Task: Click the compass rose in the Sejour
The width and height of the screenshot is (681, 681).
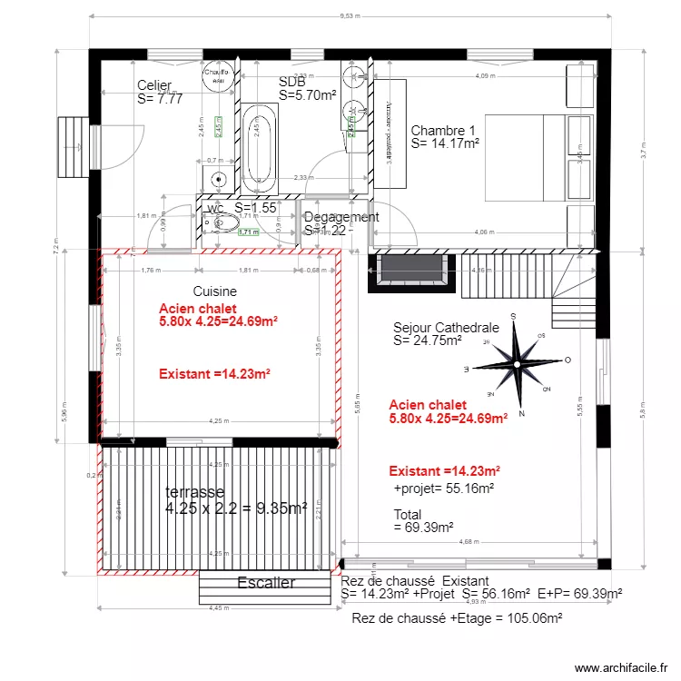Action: coord(516,364)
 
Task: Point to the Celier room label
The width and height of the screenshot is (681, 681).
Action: coord(154,86)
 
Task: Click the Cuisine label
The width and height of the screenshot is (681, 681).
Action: coord(215,291)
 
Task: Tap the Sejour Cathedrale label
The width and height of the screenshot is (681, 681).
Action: coord(446,328)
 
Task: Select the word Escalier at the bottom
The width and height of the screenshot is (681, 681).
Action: coord(265,583)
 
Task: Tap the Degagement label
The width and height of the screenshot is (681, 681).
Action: coord(341,217)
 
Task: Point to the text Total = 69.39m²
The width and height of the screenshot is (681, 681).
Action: coord(423,520)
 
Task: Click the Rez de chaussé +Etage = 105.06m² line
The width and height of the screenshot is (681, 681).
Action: coord(457,617)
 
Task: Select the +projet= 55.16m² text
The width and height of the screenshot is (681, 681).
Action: coord(443,488)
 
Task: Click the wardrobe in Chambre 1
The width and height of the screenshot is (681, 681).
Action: coord(389,133)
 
